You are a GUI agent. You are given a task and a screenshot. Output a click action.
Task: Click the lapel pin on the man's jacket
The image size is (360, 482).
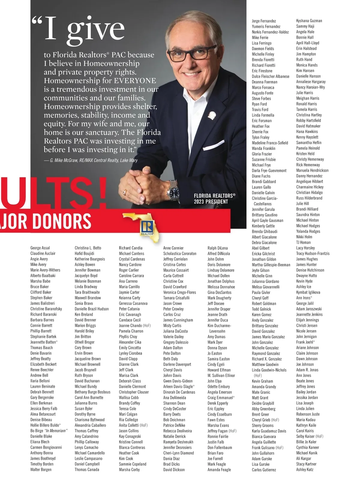point(212,115)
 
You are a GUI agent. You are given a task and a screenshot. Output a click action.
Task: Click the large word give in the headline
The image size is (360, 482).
point(95,29)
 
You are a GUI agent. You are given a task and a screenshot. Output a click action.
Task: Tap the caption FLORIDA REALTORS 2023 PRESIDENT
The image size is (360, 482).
point(214,199)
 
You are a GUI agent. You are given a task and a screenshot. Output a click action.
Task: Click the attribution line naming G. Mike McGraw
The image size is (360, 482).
point(91,160)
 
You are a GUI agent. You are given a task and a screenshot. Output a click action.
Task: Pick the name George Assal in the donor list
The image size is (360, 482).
point(40,248)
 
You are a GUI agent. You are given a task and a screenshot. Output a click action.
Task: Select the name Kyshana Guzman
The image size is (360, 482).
point(309,21)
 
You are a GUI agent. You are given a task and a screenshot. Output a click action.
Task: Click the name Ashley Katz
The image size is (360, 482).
point(304,469)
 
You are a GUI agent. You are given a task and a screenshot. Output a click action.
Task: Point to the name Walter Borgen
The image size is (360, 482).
point(41,469)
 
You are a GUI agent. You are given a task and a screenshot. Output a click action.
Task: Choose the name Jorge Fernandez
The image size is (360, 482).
point(264,21)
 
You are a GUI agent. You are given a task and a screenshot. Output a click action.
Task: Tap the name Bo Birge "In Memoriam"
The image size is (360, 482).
point(49,431)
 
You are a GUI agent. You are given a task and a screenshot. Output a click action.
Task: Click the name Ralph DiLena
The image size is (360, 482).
point(217,248)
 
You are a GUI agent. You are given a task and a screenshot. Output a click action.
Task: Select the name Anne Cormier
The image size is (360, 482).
point(173,248)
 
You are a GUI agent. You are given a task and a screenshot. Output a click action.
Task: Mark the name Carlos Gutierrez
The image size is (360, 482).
point(264,470)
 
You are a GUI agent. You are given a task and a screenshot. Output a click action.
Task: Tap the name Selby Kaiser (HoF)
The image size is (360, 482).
point(310,436)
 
